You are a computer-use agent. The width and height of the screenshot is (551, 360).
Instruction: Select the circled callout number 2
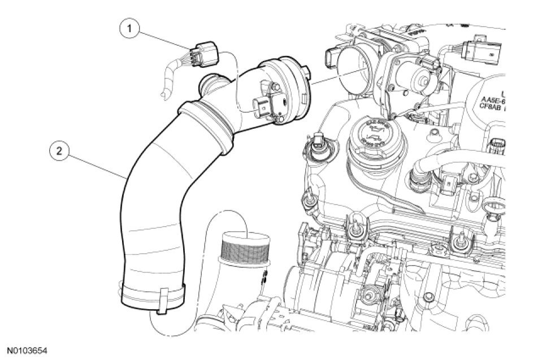coord(60,151)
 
